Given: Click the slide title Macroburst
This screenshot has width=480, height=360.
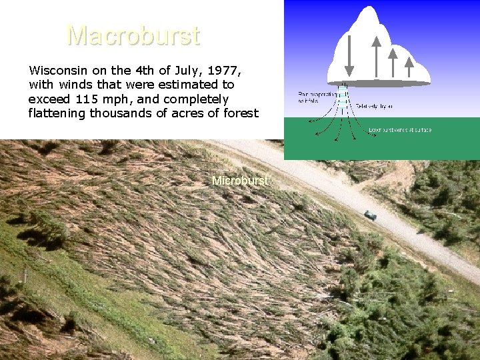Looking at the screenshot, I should click(x=133, y=36).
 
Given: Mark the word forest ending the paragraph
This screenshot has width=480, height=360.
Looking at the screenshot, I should click(x=238, y=113).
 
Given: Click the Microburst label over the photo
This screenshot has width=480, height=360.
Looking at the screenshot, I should click(x=239, y=181).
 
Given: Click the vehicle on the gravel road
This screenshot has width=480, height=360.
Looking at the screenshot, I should click(x=370, y=214).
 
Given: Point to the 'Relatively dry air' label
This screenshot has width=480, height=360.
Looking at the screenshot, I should click(x=374, y=105).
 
